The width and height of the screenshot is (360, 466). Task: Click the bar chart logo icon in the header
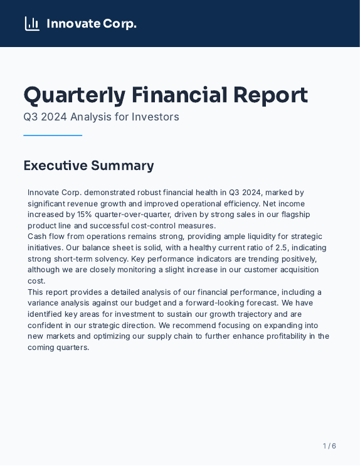[32, 24]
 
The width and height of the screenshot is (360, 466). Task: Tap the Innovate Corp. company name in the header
[92, 24]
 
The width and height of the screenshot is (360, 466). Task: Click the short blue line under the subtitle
[53, 135]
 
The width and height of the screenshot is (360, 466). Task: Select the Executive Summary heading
[88, 166]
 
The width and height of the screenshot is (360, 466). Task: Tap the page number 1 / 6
[329, 446]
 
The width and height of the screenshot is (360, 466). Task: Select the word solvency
[111, 259]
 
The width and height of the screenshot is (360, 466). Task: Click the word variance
[43, 303]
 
